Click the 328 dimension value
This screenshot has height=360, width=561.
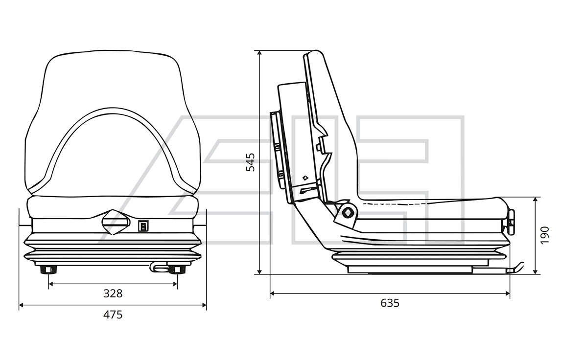(x=113, y=293)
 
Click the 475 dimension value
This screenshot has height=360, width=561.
(x=113, y=315)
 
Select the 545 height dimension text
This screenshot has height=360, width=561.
(x=251, y=162)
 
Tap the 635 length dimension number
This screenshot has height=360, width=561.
(x=390, y=303)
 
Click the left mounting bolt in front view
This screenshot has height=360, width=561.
(x=48, y=270)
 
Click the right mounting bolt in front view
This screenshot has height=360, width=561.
(x=177, y=270)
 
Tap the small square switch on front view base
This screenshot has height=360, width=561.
(x=143, y=226)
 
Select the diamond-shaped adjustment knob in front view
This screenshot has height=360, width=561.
(x=115, y=223)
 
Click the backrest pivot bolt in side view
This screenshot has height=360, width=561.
(x=348, y=212)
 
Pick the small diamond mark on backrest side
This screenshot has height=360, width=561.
(x=305, y=178)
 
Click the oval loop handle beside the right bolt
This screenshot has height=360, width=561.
(x=158, y=267)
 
